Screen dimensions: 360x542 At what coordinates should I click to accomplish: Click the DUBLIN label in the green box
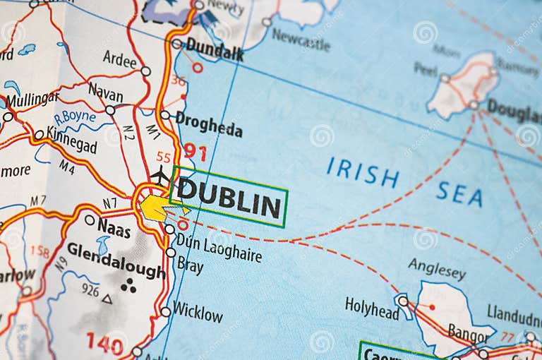pyautogui.click(x=229, y=198)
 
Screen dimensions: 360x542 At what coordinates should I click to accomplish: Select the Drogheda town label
pyautogui.click(x=209, y=125)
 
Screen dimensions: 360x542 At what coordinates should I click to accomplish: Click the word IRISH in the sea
pyautogui.click(x=362, y=172)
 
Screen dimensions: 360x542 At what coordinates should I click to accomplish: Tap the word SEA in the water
pyautogui.click(x=459, y=193)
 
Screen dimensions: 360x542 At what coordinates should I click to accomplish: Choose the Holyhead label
pyautogui.click(x=372, y=307)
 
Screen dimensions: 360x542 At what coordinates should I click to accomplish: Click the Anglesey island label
pyautogui.click(x=437, y=268)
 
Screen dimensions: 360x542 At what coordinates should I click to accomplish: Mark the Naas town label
pyautogui.click(x=114, y=226)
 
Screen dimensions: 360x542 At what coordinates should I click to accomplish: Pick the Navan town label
pyautogui.click(x=106, y=91)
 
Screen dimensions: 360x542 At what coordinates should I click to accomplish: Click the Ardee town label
pyautogui.click(x=119, y=59)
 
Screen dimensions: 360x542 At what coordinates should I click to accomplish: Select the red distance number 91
pyautogui.click(x=195, y=151)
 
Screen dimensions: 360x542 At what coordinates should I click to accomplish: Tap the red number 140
pyautogui.click(x=104, y=342)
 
